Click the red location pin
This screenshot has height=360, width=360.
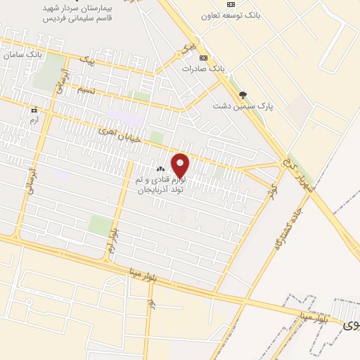(x=181, y=165)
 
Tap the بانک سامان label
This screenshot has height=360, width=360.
(x=20, y=53)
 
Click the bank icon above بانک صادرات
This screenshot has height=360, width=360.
(x=203, y=58)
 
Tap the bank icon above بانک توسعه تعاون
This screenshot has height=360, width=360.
(x=230, y=4)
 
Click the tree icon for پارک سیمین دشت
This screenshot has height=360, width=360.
(x=243, y=95)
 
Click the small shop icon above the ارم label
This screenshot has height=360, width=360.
(x=32, y=110)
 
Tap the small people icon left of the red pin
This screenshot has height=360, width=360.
(x=161, y=169)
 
